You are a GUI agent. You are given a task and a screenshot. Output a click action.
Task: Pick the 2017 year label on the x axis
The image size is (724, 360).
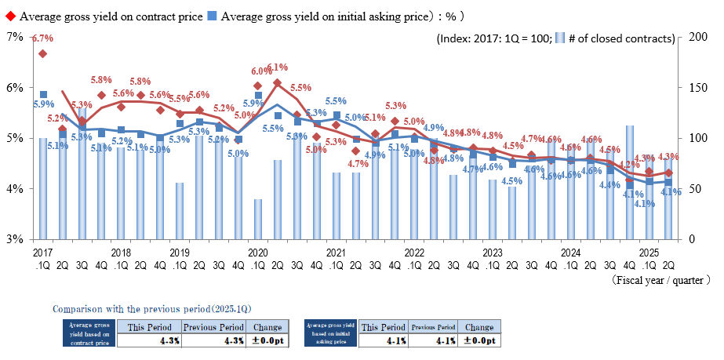point(42,253)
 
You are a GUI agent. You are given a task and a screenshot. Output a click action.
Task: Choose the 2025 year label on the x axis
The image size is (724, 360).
point(649,253)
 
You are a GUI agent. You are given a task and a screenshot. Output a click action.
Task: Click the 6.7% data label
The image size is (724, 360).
point(42,38)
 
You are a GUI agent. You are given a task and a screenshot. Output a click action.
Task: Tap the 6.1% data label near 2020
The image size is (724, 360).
point(278,67)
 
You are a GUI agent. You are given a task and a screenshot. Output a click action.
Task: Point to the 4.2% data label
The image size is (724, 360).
point(630,165)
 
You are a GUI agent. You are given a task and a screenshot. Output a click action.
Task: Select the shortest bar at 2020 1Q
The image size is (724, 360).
point(258,219)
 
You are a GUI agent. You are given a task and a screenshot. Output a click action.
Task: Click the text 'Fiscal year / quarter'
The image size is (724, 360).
point(660,278)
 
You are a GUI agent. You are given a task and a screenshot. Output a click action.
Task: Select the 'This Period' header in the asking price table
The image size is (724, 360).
point(383,327)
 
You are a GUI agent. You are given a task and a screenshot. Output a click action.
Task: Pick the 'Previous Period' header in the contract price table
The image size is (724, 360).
point(213,327)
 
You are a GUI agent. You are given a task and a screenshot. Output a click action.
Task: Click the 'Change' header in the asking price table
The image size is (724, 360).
point(478,327)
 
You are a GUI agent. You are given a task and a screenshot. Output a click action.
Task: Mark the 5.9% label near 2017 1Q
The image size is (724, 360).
point(44,104)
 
